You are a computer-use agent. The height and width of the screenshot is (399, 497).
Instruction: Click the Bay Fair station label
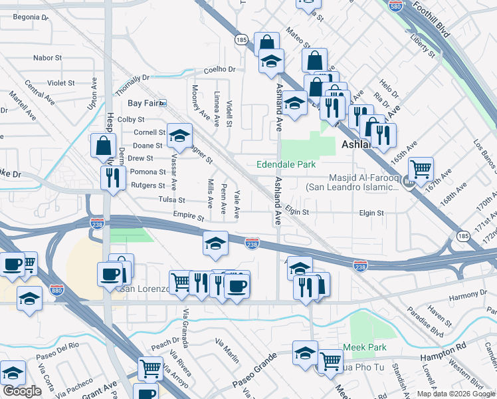tap(146, 103)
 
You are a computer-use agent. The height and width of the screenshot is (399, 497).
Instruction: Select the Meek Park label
tap(365, 348)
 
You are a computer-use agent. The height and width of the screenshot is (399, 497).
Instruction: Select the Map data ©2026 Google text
tap(455, 394)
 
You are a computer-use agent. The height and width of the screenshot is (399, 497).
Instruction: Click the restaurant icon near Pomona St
tap(111, 178)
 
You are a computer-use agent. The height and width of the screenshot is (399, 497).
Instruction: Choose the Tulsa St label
tap(171, 199)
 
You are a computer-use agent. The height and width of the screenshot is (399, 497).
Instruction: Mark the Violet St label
tap(61, 83)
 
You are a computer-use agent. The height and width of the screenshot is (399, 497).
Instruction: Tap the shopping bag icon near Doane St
tap(103, 144)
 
